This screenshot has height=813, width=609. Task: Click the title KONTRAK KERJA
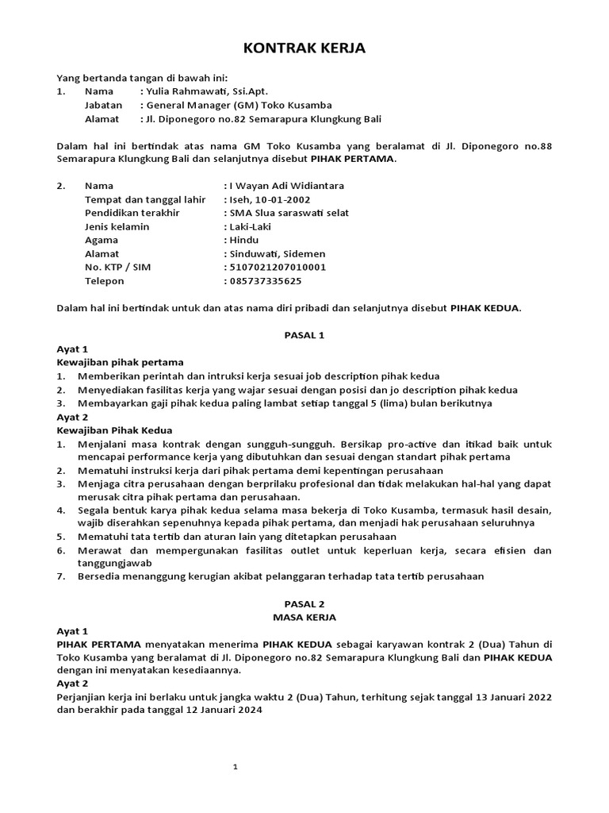point(304,49)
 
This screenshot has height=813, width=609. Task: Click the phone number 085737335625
point(266,280)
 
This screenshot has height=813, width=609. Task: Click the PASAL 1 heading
point(304,335)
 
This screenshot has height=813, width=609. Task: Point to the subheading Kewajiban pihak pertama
point(120,362)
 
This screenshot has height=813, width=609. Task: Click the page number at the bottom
point(235,767)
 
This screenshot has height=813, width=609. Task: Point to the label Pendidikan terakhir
point(132,213)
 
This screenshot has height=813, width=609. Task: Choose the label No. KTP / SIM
point(117,267)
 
